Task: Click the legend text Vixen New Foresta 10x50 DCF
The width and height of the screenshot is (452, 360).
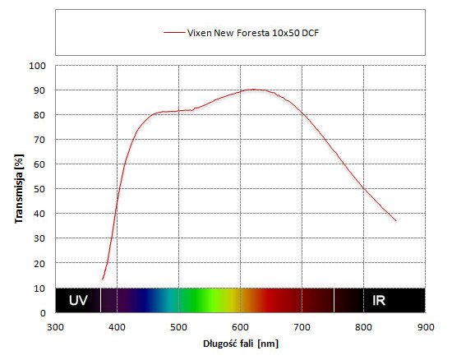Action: (253, 33)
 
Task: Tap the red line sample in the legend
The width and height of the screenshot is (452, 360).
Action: (174, 33)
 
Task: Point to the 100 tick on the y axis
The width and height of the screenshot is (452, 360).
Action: (37, 66)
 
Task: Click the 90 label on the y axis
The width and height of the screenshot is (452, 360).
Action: (39, 90)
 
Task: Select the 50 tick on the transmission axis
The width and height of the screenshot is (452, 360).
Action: (39, 189)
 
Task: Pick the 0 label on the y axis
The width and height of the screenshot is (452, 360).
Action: (43, 313)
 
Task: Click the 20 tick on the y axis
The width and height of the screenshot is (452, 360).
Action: (39, 264)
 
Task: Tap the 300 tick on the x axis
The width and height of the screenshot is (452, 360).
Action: (55, 327)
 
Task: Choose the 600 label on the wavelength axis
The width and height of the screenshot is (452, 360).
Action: (241, 327)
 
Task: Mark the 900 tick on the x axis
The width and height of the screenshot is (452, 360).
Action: (426, 327)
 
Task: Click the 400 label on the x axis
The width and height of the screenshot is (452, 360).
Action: (117, 327)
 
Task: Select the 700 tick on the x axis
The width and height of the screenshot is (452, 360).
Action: (302, 327)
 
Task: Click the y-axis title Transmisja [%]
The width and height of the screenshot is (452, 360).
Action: (19, 189)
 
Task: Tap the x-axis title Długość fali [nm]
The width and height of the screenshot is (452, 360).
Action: (241, 344)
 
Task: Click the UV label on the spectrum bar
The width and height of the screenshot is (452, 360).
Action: (78, 301)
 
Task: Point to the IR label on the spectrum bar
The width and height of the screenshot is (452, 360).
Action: (379, 301)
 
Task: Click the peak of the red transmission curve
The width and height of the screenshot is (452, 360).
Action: (254, 90)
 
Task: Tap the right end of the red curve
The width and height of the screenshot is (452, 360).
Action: (396, 221)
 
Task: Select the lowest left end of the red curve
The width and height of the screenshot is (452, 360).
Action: (103, 279)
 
